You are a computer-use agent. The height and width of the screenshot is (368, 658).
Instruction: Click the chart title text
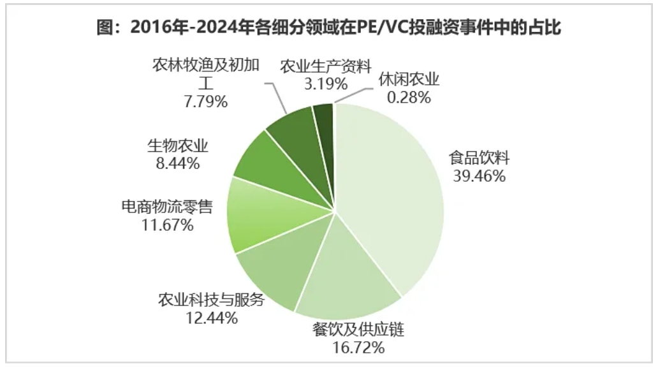coord(328,28)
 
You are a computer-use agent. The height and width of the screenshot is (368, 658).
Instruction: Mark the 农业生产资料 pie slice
coord(324,115)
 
